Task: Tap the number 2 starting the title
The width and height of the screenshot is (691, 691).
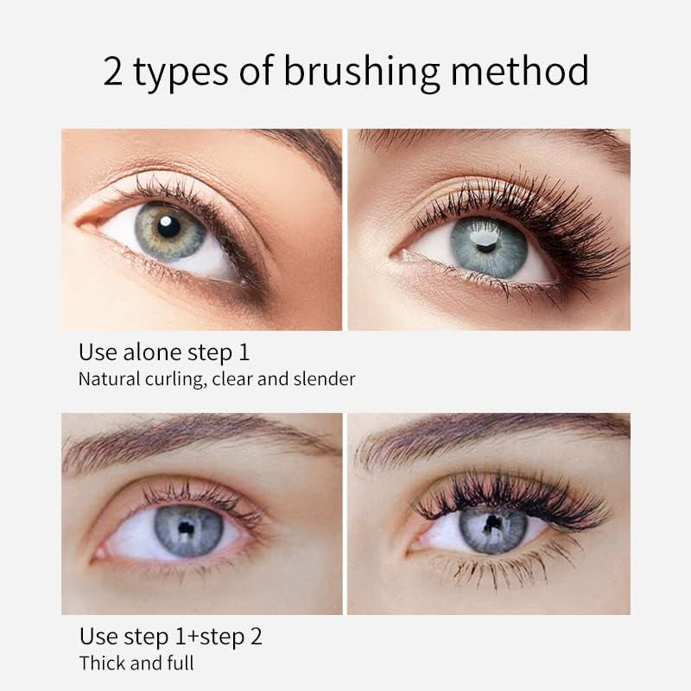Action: click(113, 70)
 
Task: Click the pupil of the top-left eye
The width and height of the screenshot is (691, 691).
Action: click(169, 226)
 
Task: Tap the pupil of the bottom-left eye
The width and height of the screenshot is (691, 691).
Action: click(186, 527)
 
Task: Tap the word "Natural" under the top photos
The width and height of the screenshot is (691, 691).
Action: click(110, 378)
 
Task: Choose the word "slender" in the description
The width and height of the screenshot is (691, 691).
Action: click(323, 378)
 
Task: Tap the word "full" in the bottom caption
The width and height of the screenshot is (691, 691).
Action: click(179, 663)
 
